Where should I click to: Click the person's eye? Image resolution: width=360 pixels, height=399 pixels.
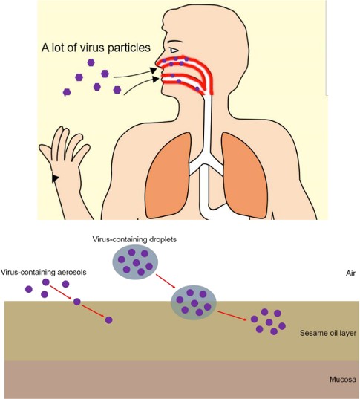pyautogui.click(x=174, y=51)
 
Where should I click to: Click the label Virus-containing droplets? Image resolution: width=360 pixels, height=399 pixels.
pyautogui.click(x=134, y=239)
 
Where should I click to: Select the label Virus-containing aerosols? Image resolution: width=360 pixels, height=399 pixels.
pyautogui.click(x=44, y=272)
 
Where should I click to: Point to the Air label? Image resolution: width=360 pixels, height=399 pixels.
pyautogui.click(x=350, y=273)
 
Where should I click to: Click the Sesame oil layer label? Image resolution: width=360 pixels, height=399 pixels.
pyautogui.click(x=328, y=333)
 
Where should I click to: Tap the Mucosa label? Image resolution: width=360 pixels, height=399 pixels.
pyautogui.click(x=343, y=380)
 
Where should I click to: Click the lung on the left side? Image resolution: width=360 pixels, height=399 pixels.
pyautogui.click(x=168, y=175)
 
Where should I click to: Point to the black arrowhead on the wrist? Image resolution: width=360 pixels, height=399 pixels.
pyautogui.click(x=55, y=178)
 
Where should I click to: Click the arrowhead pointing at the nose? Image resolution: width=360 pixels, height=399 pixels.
pyautogui.click(x=153, y=71)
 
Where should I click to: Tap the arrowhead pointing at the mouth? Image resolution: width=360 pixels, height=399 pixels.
pyautogui.click(x=156, y=79)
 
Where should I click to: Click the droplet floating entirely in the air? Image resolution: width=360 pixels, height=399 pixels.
pyautogui.click(x=135, y=262)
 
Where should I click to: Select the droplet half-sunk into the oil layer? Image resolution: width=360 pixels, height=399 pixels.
pyautogui.click(x=194, y=302)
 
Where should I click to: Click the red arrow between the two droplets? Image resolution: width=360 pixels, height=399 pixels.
pyautogui.click(x=166, y=281)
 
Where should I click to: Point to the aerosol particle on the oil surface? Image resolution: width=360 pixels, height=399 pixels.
pyautogui.click(x=76, y=302)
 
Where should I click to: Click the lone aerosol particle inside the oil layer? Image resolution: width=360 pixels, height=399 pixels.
pyautogui.click(x=108, y=319)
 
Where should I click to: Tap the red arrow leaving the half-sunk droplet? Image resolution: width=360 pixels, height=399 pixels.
pyautogui.click(x=232, y=316)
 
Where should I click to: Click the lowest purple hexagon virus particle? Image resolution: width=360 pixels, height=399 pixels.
pyautogui.click(x=67, y=92)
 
